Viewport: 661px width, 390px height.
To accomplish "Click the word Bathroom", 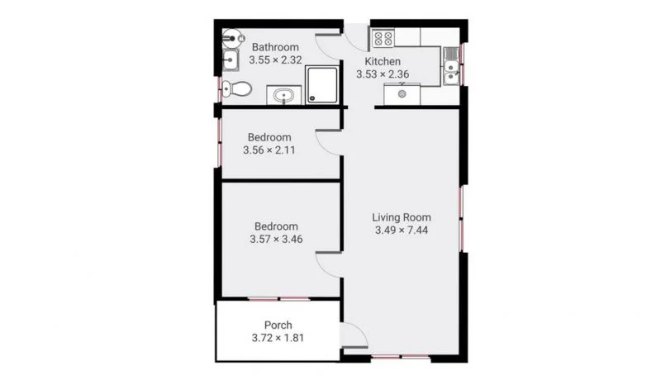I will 275,47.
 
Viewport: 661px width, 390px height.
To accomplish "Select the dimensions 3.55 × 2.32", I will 275,59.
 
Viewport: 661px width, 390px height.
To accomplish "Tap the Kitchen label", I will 383,62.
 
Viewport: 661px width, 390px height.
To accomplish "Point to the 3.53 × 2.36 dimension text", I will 383,74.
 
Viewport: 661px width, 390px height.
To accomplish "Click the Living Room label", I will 401,217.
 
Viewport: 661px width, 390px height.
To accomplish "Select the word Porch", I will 278,325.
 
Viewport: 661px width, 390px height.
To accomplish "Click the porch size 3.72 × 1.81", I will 278,337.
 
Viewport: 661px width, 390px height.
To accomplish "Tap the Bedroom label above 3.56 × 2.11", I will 270,137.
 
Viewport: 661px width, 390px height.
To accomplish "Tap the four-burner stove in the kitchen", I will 383,38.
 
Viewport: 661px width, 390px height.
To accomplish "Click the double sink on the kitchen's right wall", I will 451,66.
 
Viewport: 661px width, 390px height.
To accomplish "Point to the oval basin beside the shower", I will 285,95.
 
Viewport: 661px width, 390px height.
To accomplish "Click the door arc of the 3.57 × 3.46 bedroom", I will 328,264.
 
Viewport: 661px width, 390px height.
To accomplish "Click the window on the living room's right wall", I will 463,216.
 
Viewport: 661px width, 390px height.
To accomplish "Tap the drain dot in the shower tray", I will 313,97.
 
